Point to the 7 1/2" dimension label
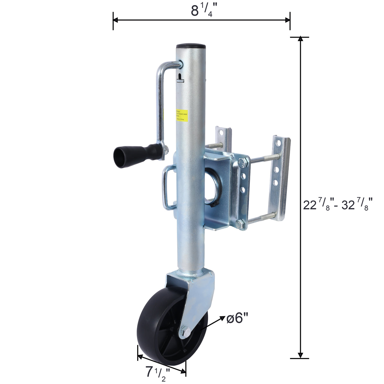[157, 372]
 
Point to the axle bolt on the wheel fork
[186, 331]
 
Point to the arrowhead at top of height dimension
[300, 39]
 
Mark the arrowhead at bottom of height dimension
[300, 356]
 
